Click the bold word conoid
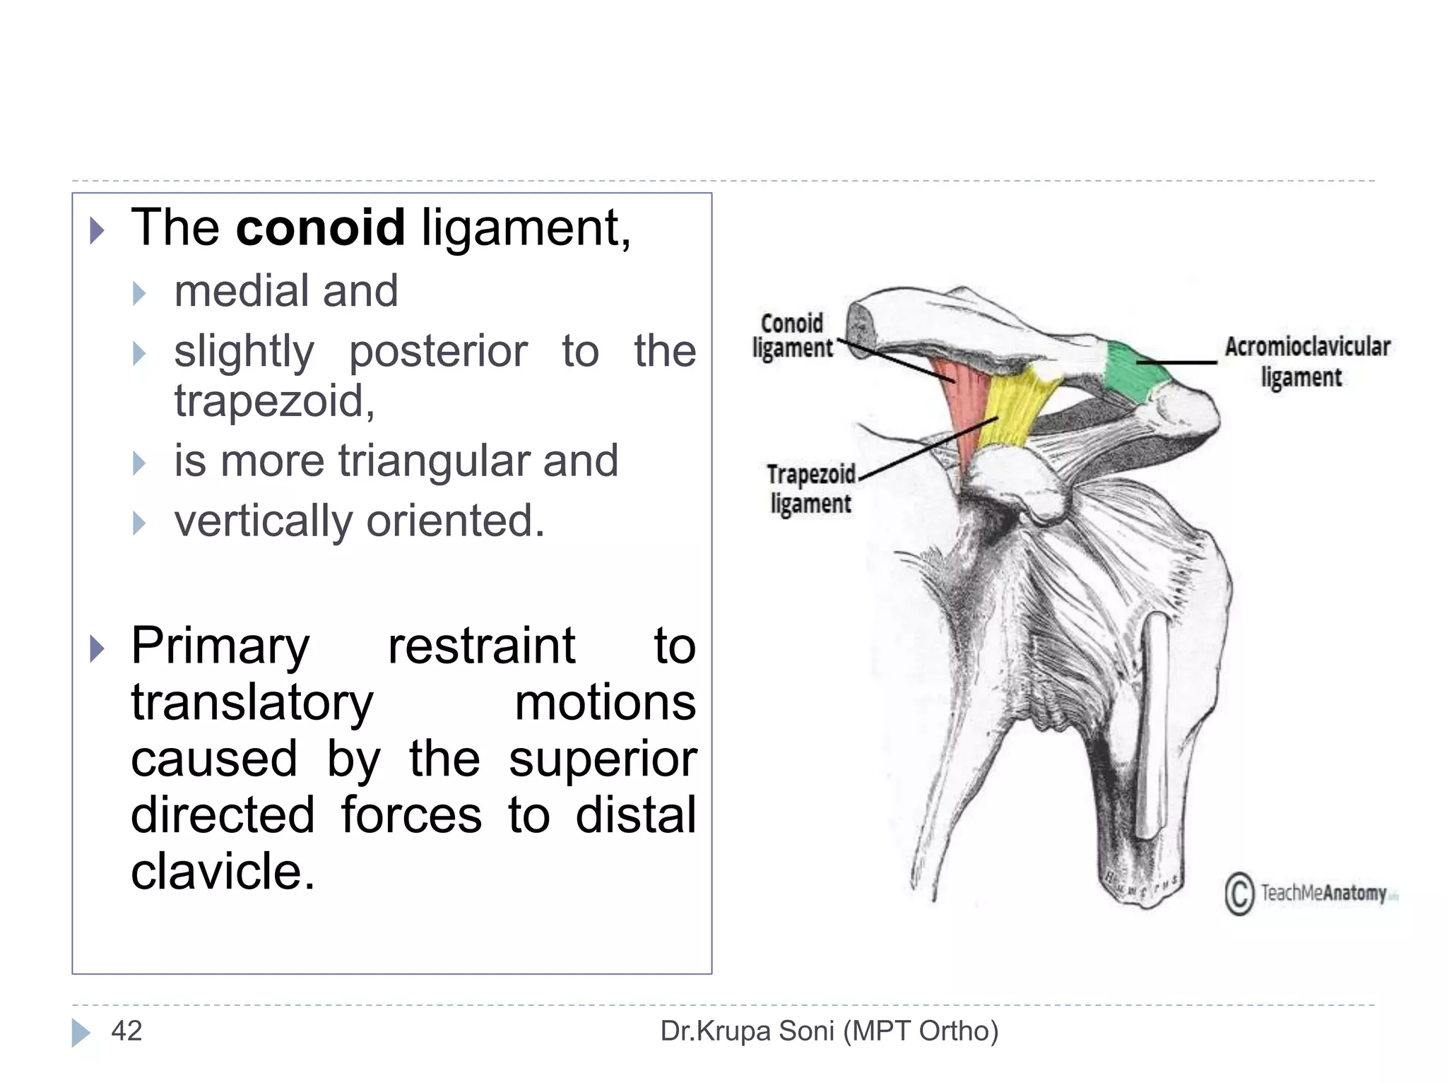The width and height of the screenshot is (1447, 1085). tap(320, 227)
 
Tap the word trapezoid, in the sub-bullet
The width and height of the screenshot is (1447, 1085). tap(274, 401)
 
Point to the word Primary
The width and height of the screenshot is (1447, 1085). tap(220, 646)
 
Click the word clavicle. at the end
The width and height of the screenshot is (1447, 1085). tap(223, 870)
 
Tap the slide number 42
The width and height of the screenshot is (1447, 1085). tap(126, 1031)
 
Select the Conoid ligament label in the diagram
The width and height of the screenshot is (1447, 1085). tap(792, 336)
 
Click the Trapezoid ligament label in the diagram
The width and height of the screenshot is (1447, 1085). tap(811, 489)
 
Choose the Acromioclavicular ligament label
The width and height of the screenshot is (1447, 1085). tap(1306, 362)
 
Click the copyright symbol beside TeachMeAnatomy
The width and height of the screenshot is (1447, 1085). tap(1239, 894)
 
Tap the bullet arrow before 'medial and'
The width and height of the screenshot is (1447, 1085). tap(139, 293)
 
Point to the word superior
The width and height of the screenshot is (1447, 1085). tap(603, 759)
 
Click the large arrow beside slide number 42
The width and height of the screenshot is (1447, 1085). tap(81, 1033)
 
